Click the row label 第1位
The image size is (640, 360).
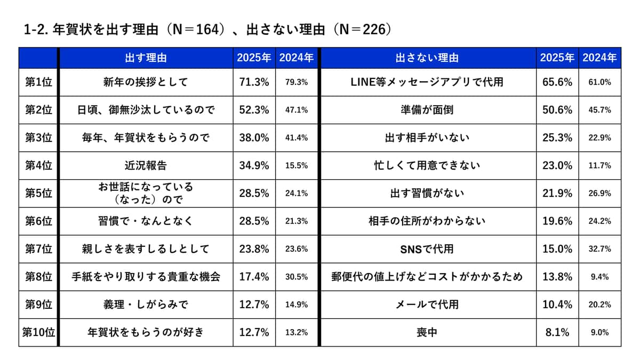(x=38, y=82)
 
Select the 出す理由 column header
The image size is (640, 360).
(x=145, y=58)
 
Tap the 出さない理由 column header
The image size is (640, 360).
(x=427, y=58)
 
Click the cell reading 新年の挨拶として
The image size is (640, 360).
(x=145, y=82)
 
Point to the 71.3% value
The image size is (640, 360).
(x=254, y=82)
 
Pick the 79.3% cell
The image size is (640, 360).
(x=297, y=82)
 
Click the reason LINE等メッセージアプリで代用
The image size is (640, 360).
(x=427, y=82)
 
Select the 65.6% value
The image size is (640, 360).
(x=557, y=82)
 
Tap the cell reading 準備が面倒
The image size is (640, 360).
(x=427, y=110)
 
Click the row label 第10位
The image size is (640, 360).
(x=38, y=332)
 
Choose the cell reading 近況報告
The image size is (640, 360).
(x=145, y=165)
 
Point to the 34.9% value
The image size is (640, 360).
(x=254, y=165)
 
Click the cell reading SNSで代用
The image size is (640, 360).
(x=427, y=249)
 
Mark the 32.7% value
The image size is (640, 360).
(x=600, y=249)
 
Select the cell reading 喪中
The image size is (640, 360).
(x=427, y=332)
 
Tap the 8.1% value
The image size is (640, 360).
(x=557, y=332)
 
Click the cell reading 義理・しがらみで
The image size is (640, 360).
(x=145, y=305)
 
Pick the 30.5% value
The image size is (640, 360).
(x=297, y=277)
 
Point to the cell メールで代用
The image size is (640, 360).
(x=427, y=305)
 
